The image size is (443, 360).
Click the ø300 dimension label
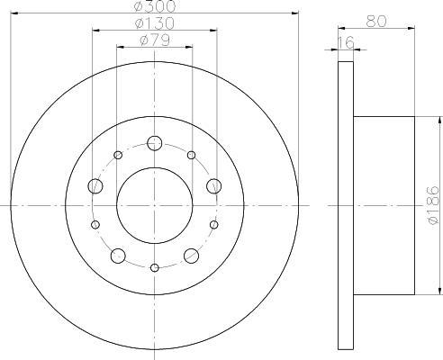click(x=155, y=6)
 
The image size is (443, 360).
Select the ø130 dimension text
click(x=155, y=23)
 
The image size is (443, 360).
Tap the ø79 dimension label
click(x=155, y=40)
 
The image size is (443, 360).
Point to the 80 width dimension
click(x=376, y=22)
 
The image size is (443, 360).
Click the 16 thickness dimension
click(x=346, y=43)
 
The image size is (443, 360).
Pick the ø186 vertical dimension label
click(x=434, y=205)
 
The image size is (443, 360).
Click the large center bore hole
click(x=155, y=205)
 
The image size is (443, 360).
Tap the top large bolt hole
click(x=155, y=143)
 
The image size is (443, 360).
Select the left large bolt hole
click(x=95, y=186)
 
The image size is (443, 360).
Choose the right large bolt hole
click(x=214, y=186)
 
